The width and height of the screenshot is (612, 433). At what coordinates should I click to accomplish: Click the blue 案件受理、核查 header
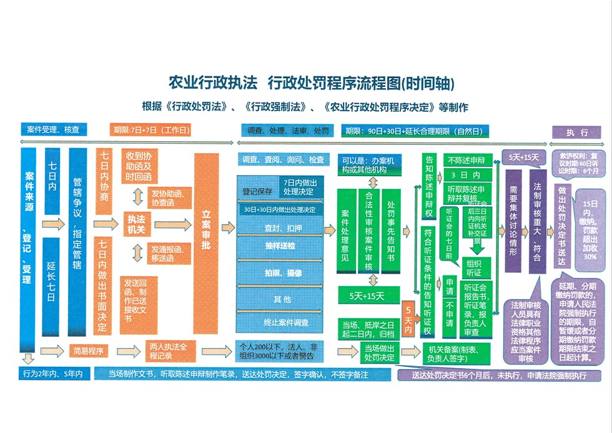[54, 130]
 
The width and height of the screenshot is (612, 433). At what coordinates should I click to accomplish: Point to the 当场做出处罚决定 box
[380, 353]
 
